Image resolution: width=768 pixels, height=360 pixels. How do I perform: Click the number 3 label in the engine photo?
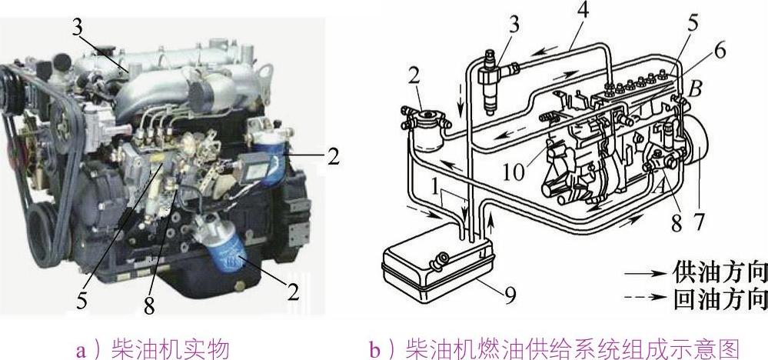point(78,28)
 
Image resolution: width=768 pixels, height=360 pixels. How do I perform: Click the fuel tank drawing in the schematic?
point(438,269)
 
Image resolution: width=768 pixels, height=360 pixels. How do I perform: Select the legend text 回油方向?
point(719,297)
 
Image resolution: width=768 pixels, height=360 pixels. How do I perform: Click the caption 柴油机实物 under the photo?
point(171,347)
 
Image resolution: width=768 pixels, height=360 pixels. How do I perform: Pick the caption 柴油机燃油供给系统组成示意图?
point(571,347)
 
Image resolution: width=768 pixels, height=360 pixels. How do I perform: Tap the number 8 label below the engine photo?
point(149,305)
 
